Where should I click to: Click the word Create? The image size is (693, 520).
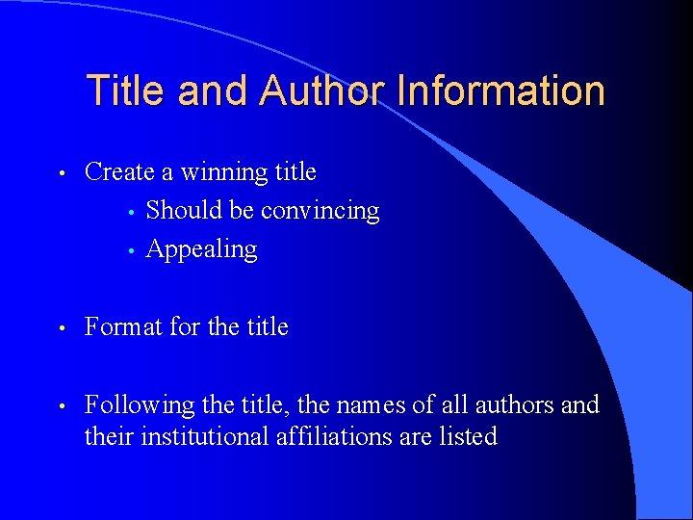pos(119,172)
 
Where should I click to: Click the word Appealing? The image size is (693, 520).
pos(201,249)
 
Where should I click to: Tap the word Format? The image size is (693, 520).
pos(123,327)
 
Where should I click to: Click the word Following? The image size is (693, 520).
pos(139,405)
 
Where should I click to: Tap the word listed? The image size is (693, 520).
pos(467,437)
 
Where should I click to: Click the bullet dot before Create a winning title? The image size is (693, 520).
pos(61,174)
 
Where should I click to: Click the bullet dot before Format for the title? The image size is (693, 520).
pos(61,329)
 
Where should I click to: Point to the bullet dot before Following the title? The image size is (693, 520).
pos(61,407)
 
